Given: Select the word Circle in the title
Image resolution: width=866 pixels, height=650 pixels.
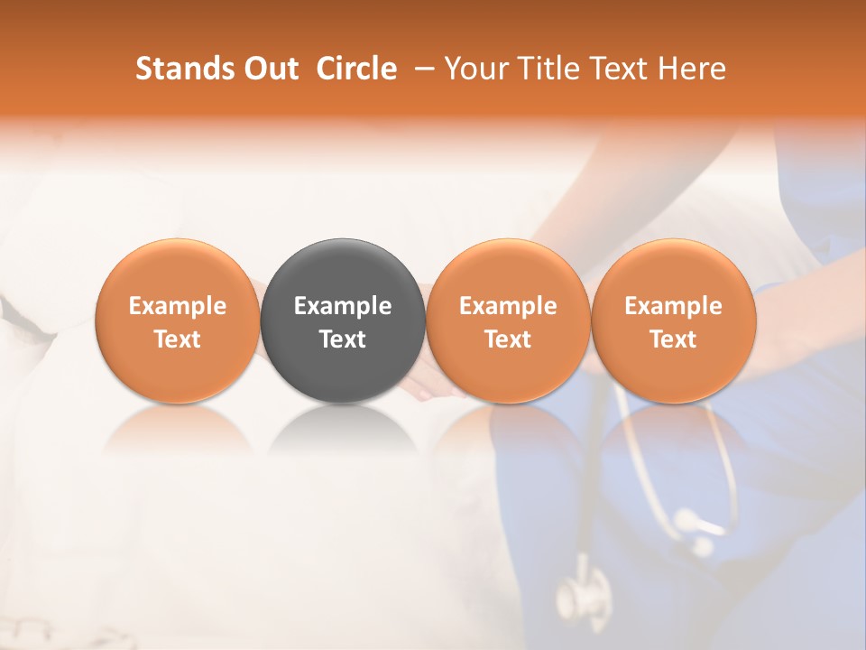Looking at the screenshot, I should click(x=356, y=69).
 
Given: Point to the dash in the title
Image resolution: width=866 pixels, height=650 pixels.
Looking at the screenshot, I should click(x=420, y=69).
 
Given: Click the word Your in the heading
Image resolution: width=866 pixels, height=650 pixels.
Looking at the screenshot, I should click(x=475, y=69).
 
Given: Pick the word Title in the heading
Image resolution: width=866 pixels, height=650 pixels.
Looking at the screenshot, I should click(x=546, y=69).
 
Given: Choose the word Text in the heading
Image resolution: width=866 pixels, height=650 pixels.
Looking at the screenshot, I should click(x=615, y=69).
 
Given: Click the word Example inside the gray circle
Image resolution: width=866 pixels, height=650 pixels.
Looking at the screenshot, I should click(x=343, y=306).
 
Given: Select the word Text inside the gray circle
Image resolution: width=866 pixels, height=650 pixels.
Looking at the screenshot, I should click(x=343, y=339).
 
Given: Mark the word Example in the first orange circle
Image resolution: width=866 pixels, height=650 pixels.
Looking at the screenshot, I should click(x=178, y=306).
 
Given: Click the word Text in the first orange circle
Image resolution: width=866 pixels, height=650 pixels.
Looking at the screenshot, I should click(x=178, y=339).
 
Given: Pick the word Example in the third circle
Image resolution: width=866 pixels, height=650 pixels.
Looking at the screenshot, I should click(x=508, y=306).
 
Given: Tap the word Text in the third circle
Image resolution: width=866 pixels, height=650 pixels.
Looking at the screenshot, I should click(x=508, y=339).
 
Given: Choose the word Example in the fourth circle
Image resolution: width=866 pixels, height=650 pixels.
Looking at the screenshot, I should click(x=673, y=306).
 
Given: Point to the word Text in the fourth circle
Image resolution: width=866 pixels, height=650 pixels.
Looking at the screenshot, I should click(x=673, y=339).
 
